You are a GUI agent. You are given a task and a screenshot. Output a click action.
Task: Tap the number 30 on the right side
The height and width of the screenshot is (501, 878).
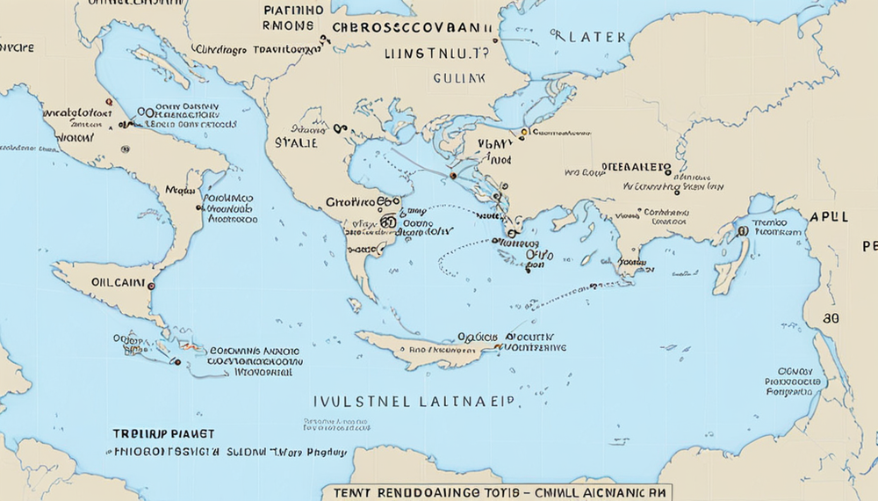(831, 317)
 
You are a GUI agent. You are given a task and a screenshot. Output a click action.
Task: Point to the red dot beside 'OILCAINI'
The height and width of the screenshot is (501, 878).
(151, 286)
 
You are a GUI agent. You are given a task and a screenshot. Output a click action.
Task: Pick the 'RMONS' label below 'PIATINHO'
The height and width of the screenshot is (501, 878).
(287, 26)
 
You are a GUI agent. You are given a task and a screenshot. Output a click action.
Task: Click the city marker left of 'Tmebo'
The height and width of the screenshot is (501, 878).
(742, 230)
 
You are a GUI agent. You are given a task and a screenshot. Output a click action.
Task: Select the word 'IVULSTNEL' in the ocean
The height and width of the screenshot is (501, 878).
(361, 401)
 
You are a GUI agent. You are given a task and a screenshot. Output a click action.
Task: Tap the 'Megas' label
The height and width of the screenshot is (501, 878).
(182, 188)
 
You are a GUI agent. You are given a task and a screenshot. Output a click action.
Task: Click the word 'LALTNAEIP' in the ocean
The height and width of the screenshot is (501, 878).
(464, 401)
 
